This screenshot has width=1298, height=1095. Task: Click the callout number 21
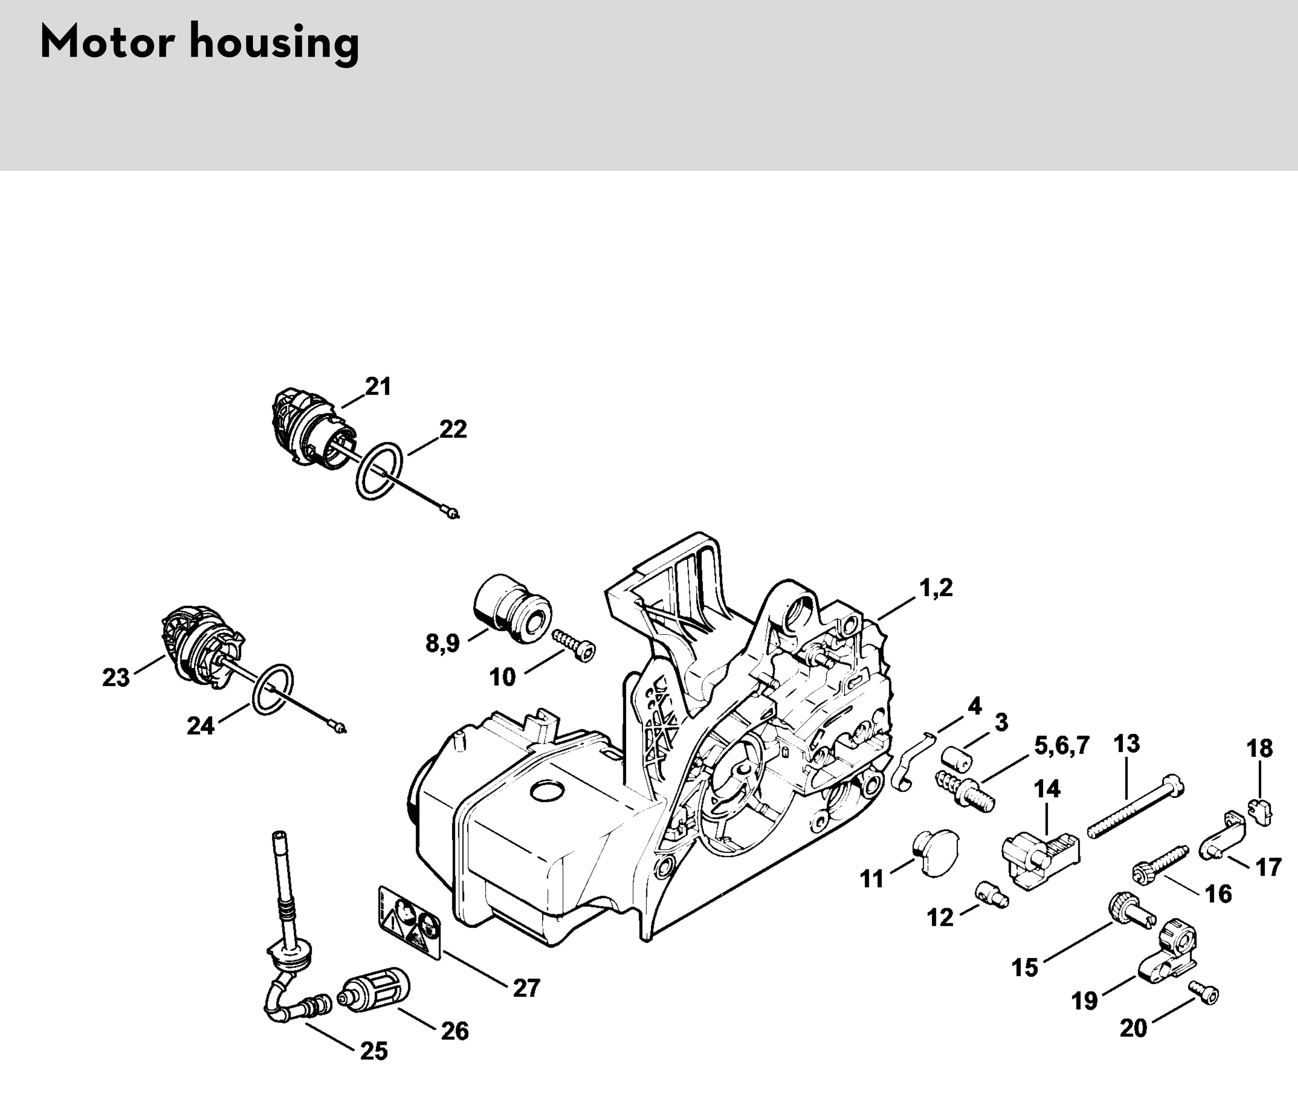[x=378, y=387]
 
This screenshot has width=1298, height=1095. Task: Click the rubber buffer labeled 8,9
[x=512, y=610]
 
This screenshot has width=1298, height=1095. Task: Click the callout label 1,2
[x=936, y=587]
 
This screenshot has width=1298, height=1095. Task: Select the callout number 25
[x=374, y=1051]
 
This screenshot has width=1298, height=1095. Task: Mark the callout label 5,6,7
[x=1061, y=746]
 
